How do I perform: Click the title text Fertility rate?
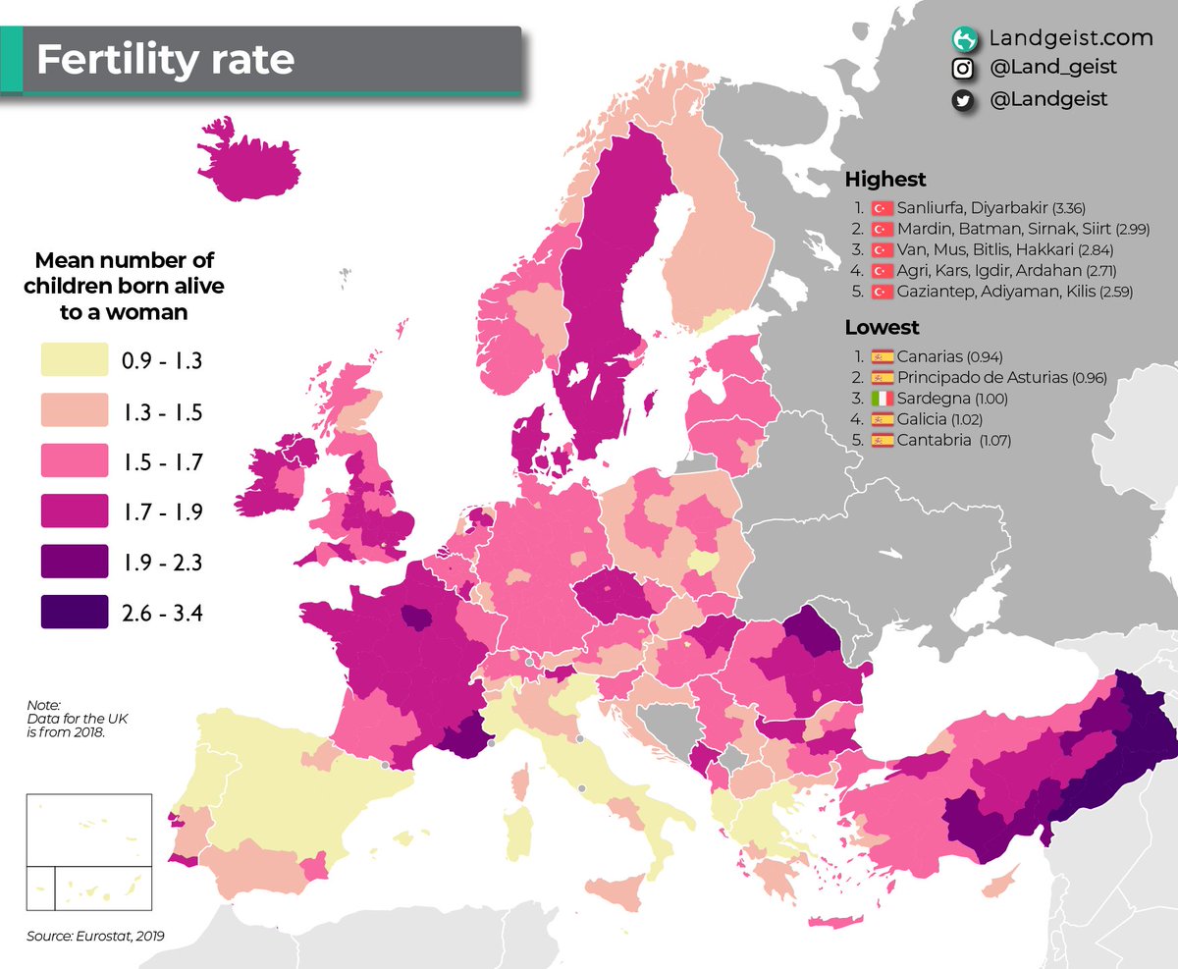coord(165,60)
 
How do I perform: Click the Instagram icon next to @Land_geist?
coord(963,68)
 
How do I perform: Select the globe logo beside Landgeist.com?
coord(963,38)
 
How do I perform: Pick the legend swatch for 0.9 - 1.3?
coord(74,360)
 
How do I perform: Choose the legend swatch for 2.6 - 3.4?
coord(74,614)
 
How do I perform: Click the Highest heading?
coord(884,180)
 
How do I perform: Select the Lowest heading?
coord(882,328)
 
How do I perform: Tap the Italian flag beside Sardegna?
coord(882,399)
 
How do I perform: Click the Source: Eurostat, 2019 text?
coord(95,937)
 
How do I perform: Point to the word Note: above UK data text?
coord(44,705)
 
